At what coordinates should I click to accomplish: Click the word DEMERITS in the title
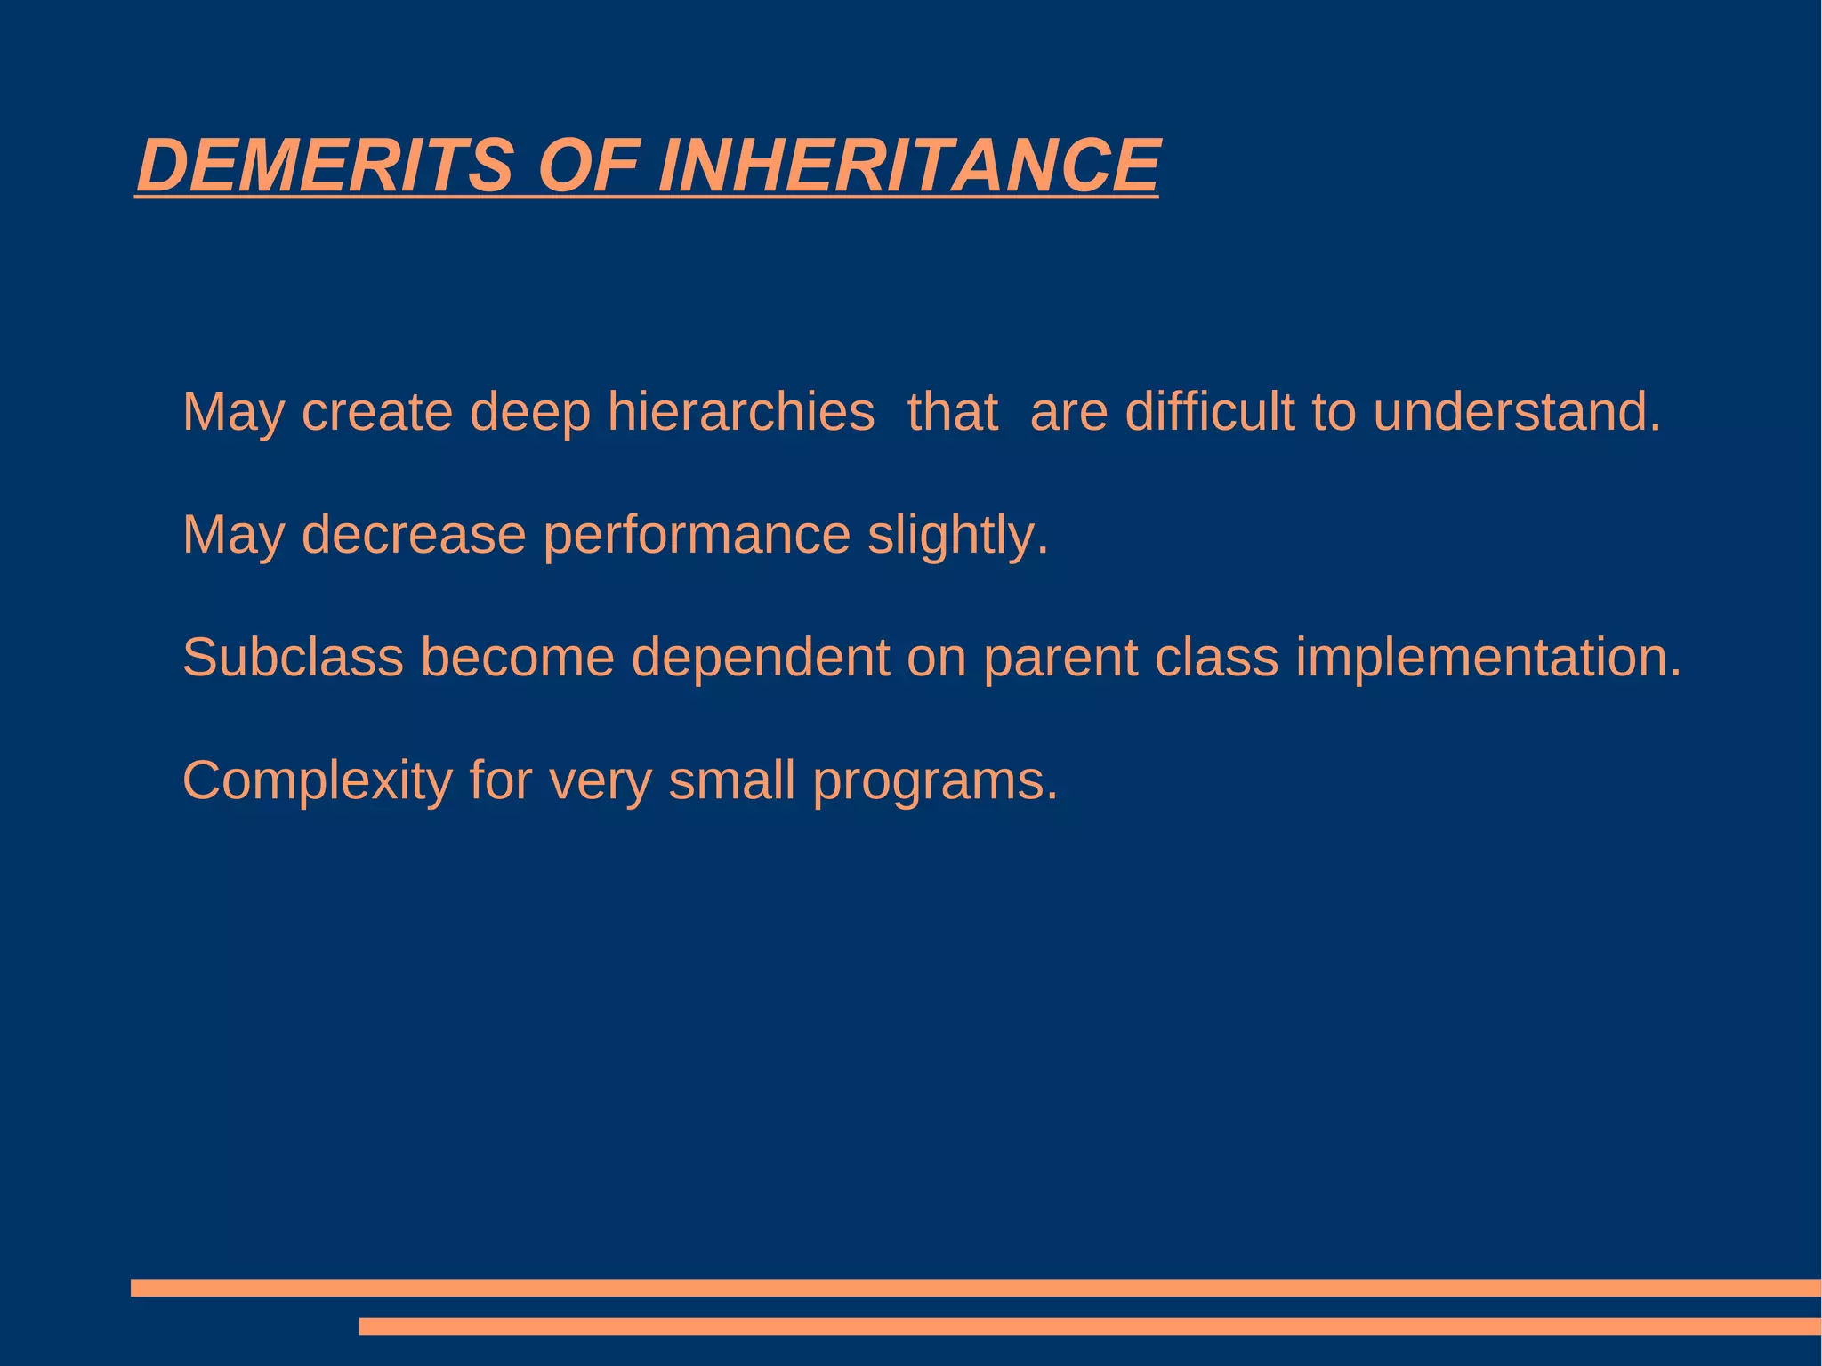click(326, 166)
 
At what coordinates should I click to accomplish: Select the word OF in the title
click(588, 166)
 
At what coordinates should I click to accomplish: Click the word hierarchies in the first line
click(740, 412)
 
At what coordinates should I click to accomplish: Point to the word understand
click(1516, 412)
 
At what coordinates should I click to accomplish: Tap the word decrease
click(414, 535)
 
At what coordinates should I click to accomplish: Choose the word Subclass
click(293, 658)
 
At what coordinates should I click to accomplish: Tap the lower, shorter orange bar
click(1089, 1326)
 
